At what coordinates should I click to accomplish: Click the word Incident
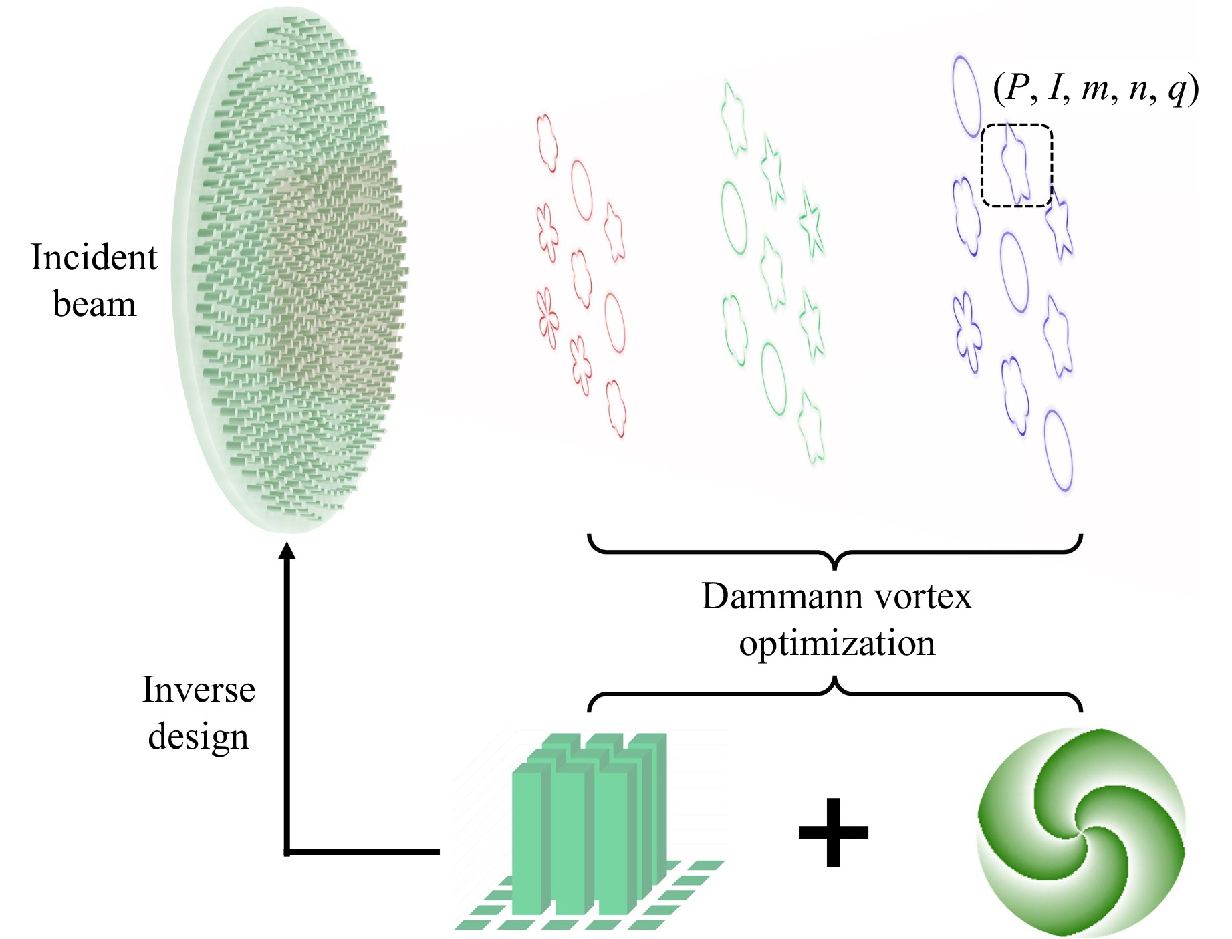pyautogui.click(x=94, y=257)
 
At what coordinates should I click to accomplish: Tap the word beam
pyautogui.click(x=94, y=305)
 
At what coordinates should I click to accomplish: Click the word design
pyautogui.click(x=199, y=736)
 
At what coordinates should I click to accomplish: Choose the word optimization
pyautogui.click(x=837, y=644)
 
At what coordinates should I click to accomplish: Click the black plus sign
pyautogui.click(x=833, y=832)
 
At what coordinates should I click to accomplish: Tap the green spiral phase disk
pyautogui.click(x=1080, y=832)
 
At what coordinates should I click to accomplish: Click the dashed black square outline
pyautogui.click(x=1017, y=165)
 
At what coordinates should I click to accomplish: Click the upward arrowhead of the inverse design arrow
pyautogui.click(x=287, y=551)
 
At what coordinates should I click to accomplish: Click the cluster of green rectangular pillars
pyautogui.click(x=588, y=829)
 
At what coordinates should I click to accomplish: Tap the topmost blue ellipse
pyautogui.click(x=965, y=96)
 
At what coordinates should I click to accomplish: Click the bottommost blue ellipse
pyautogui.click(x=1058, y=450)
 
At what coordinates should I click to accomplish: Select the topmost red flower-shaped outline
pyautogui.click(x=547, y=142)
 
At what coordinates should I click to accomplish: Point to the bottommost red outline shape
pyautogui.click(x=616, y=408)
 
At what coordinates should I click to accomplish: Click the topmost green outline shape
pyautogui.click(x=733, y=117)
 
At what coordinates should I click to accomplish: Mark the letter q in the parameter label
pyautogui.click(x=1177, y=90)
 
